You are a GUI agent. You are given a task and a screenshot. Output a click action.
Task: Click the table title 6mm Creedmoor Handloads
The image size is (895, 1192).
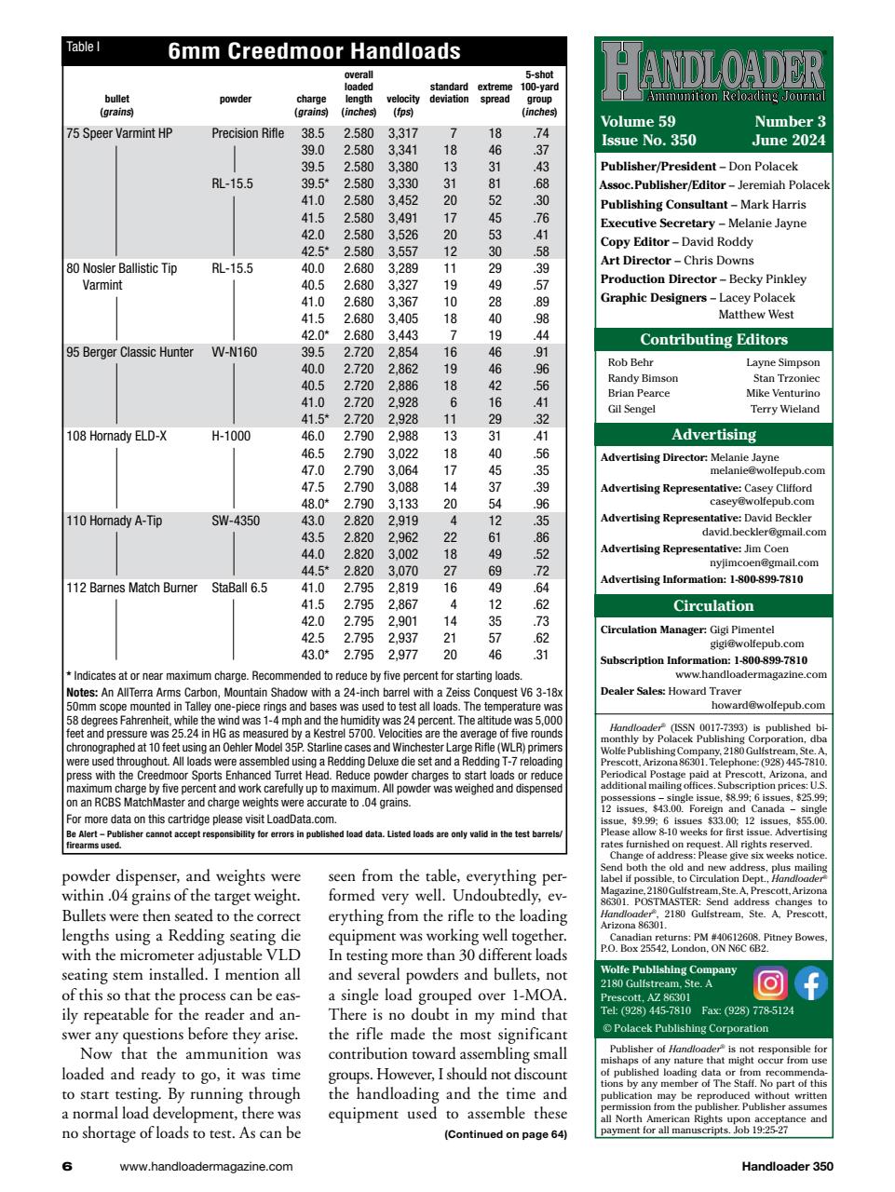point(314,51)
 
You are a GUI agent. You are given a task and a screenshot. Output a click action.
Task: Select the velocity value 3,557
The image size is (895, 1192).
point(402,251)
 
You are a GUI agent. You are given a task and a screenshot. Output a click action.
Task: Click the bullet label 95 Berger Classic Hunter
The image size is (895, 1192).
point(129,352)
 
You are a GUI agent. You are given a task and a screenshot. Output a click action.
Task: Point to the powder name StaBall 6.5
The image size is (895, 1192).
point(239,588)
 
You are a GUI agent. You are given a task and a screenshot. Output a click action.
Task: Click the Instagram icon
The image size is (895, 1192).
point(773,983)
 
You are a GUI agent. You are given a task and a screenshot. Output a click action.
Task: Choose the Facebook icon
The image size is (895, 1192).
point(809,983)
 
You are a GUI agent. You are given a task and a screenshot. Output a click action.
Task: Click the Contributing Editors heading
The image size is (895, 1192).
point(713,339)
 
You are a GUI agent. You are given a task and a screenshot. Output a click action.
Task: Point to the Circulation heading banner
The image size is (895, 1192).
point(713,606)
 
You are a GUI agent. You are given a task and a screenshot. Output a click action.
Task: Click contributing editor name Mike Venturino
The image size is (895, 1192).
point(782,393)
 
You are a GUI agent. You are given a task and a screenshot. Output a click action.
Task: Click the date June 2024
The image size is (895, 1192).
point(788,141)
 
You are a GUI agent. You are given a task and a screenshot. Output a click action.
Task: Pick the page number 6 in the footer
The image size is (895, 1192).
point(66,1166)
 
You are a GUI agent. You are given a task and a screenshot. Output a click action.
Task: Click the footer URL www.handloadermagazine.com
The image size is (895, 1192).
point(207,1166)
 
